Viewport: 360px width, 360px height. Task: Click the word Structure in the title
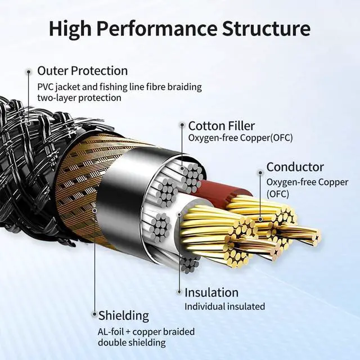267,28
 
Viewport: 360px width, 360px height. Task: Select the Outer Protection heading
82,71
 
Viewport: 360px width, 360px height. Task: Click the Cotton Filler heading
221,125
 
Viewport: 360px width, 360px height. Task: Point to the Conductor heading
295,167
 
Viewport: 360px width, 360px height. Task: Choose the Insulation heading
211,292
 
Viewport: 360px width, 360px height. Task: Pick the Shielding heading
124,315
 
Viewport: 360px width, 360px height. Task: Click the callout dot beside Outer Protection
28,71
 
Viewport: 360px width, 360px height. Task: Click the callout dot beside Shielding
93,315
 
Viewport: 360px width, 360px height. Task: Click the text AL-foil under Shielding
114,332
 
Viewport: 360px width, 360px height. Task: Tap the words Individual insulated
224,307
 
